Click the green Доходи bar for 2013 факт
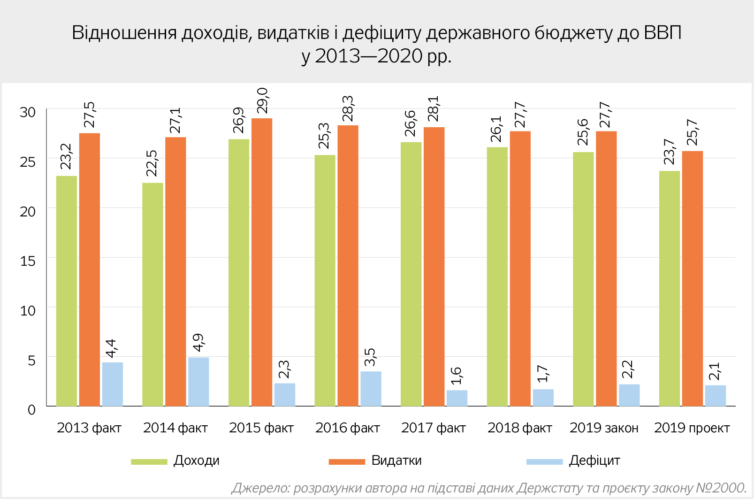[67, 291]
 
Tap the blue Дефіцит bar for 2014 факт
[198, 382]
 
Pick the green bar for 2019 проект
[670, 288]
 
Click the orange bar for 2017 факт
[434, 267]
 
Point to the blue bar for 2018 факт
[543, 398]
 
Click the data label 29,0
[262, 100]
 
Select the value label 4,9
[198, 343]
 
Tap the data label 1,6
[457, 376]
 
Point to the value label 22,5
[152, 163]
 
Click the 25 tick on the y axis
[28, 162]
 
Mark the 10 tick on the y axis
[28, 310]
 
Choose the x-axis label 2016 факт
[347, 428]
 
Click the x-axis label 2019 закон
[604, 428]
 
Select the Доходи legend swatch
[149, 462]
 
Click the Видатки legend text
[396, 461]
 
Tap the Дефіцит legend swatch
[544, 462]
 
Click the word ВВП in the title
[663, 33]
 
